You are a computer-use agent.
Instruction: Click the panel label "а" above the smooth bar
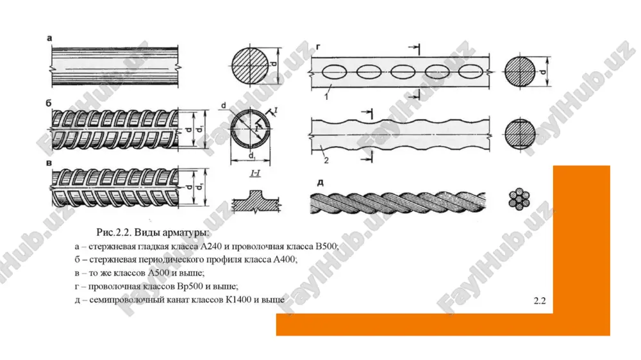[x=49, y=39]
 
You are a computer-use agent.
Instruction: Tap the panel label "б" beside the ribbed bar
[x=49, y=103]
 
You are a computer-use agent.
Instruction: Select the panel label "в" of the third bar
[x=49, y=164]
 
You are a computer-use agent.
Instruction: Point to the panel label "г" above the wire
[x=319, y=47]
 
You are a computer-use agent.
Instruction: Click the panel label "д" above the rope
[x=320, y=183]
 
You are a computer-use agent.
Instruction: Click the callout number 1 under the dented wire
[x=326, y=97]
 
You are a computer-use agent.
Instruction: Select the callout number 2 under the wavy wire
[x=326, y=161]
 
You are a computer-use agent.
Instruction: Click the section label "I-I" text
[x=255, y=174]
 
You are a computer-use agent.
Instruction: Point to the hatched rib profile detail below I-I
[x=256, y=201]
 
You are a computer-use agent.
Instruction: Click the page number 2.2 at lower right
[x=540, y=301]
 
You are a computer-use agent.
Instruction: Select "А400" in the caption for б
[x=285, y=259]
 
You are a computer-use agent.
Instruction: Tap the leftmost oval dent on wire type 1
[x=334, y=72]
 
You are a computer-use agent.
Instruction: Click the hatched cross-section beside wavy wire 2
[x=520, y=134]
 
